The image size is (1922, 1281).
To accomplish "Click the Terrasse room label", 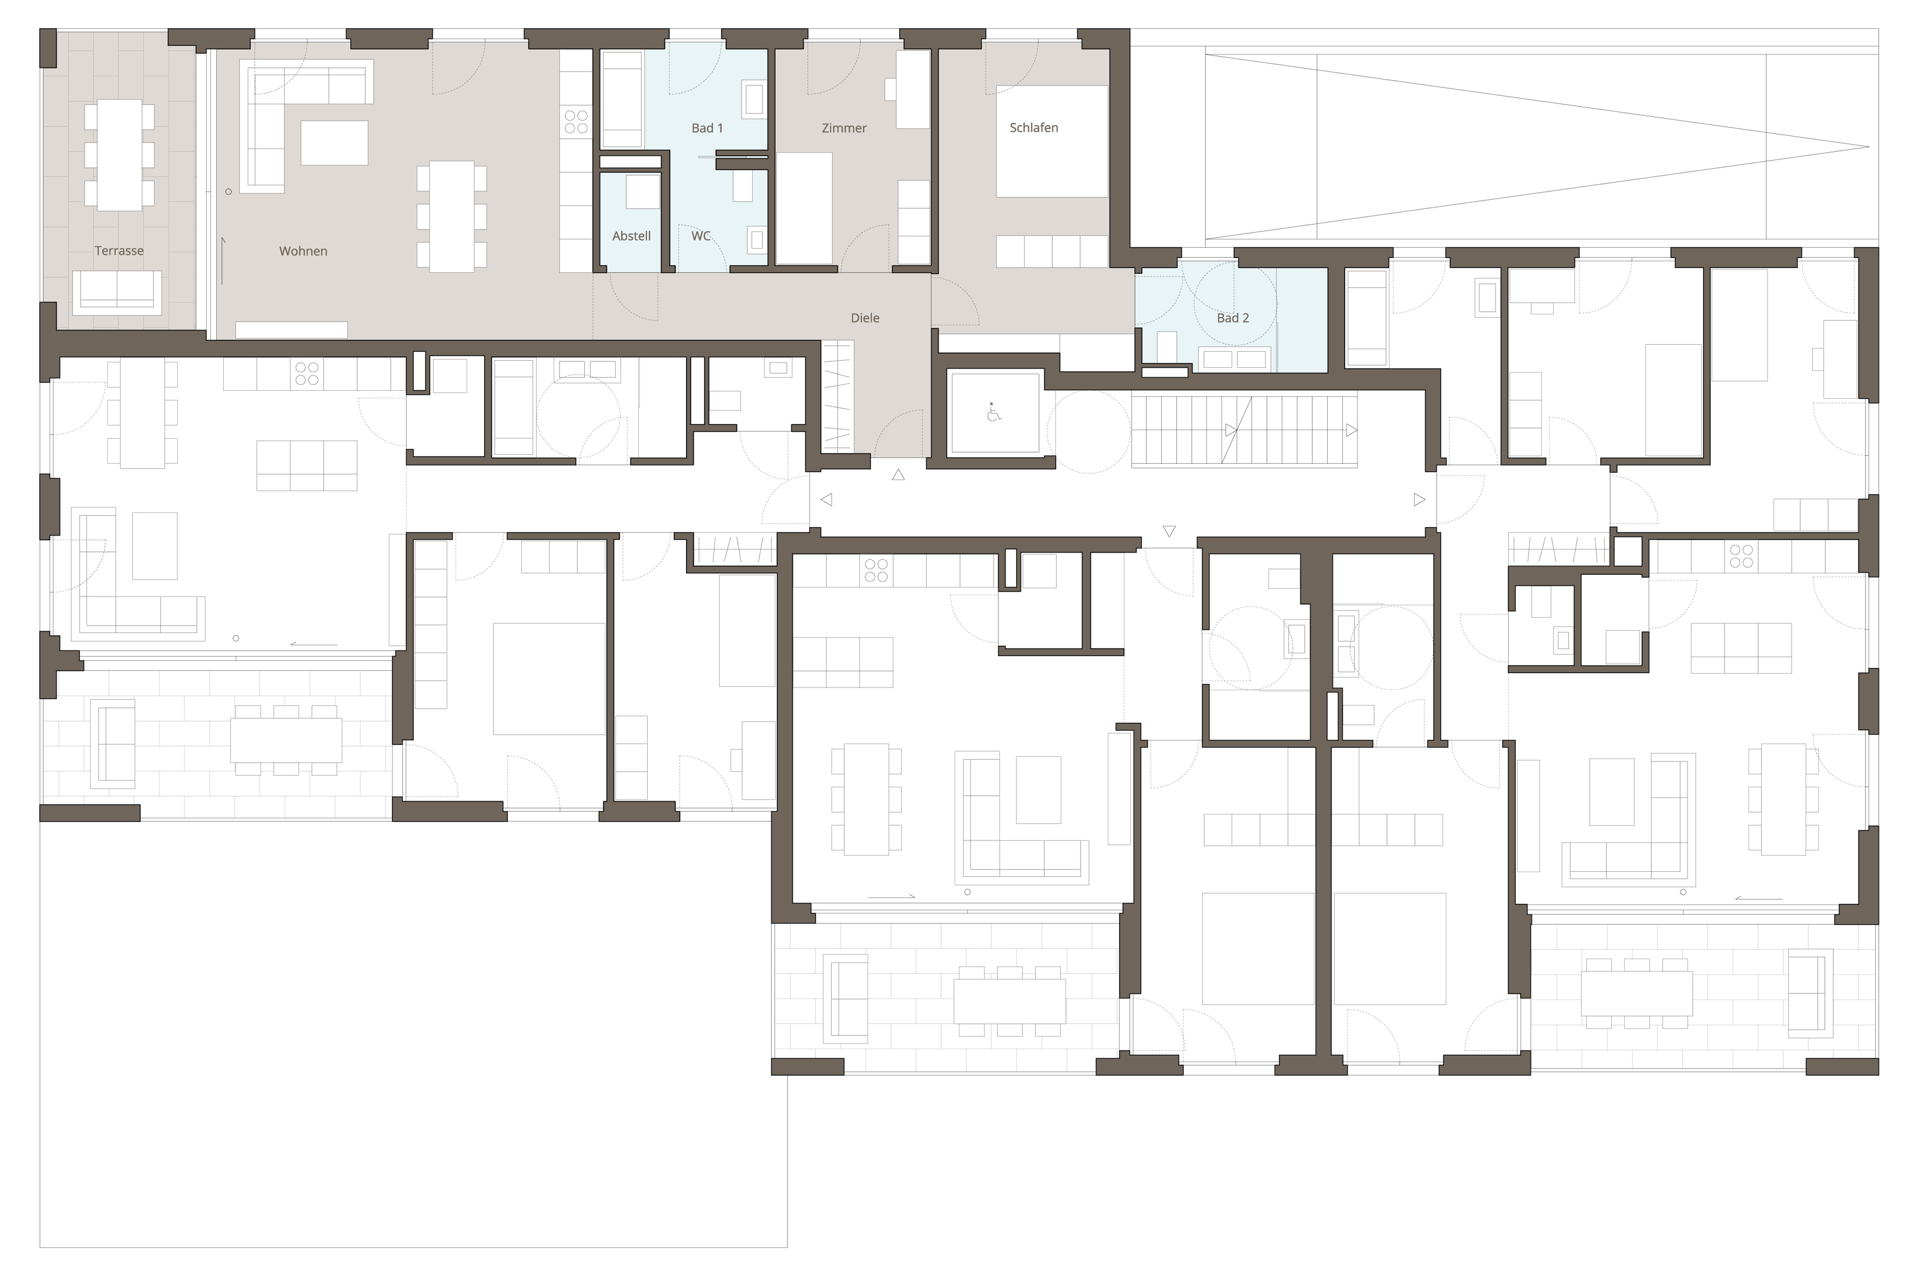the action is (x=119, y=251).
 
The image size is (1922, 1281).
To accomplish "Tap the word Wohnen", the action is (x=303, y=251).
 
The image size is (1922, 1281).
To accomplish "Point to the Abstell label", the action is (x=632, y=236).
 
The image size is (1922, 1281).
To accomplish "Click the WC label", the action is (x=701, y=236).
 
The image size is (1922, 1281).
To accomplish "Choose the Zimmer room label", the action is (x=844, y=128).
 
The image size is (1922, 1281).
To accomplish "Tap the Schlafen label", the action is (x=1034, y=128).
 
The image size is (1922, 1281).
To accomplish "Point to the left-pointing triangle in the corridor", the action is (x=826, y=499).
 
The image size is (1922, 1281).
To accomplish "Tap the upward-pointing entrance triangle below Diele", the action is (x=898, y=475).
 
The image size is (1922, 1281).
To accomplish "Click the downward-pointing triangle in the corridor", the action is (x=1169, y=531).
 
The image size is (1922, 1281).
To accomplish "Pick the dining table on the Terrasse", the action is (x=119, y=155).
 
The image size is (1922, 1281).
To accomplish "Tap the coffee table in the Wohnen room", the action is (x=334, y=143).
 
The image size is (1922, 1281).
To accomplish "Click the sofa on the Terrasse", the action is (x=117, y=292).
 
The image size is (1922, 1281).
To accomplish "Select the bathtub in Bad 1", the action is (x=622, y=100).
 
